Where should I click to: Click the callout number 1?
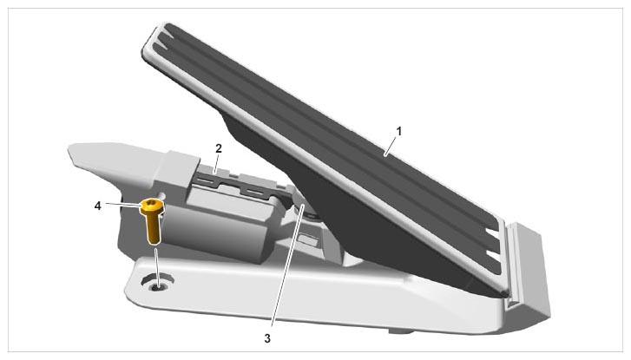[x=398, y=132]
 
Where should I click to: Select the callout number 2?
[x=219, y=148]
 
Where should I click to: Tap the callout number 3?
[x=267, y=338]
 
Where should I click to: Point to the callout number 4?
[x=97, y=206]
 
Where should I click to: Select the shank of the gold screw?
[x=153, y=229]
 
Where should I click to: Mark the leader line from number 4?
[x=124, y=205]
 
